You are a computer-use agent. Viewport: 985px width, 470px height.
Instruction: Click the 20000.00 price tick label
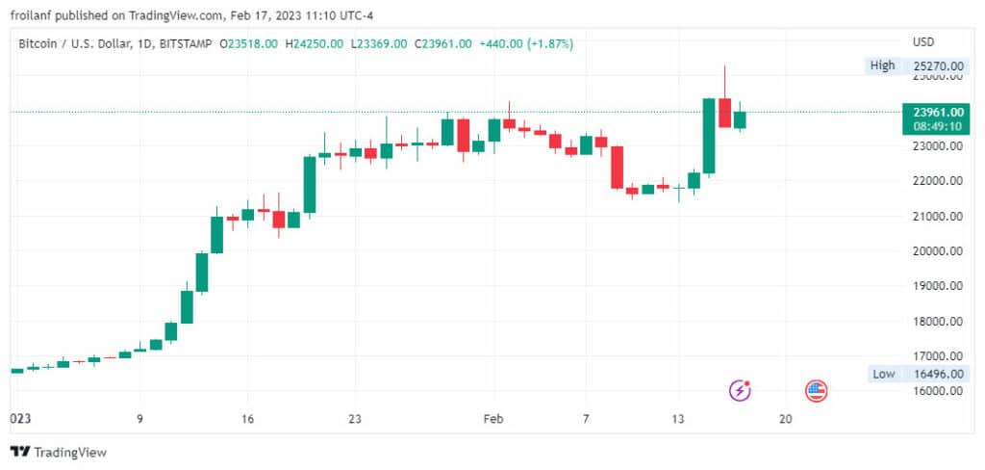coord(938,251)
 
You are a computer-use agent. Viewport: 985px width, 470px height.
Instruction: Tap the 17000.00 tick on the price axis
coord(938,356)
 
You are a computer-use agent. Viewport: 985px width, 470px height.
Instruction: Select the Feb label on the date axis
coord(493,419)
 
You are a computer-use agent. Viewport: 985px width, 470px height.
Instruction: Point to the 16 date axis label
coord(247,419)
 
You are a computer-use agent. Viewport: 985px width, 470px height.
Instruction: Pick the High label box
coord(882,65)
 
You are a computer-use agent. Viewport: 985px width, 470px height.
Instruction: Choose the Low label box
coord(882,374)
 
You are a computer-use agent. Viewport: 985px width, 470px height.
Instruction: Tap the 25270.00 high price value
coord(938,65)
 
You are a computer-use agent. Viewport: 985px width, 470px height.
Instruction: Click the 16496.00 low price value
coord(938,374)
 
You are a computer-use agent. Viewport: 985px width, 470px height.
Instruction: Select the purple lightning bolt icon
coord(740,390)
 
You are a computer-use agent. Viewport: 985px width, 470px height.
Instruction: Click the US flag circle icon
coord(816,390)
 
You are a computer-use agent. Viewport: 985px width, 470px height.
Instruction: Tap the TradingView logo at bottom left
coord(59,452)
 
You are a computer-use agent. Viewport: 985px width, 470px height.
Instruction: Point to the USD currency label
coord(923,42)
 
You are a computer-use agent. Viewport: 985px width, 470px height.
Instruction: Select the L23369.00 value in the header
coord(377,43)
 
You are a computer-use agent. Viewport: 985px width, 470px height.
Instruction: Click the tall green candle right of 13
coord(709,135)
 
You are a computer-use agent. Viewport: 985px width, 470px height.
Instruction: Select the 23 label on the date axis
coord(355,419)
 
